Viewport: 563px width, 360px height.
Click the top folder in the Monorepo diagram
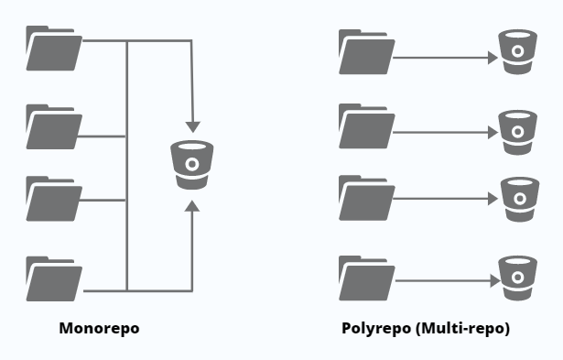click(54, 49)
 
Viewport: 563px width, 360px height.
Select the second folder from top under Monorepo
click(54, 127)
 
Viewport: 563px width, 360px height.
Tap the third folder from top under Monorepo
click(54, 199)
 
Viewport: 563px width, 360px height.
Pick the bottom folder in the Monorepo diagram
click(54, 279)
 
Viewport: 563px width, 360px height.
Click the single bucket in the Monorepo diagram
click(191, 165)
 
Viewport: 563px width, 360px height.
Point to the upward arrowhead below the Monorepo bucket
click(191, 209)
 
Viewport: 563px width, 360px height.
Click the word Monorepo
click(99, 328)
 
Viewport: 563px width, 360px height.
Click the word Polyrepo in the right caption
click(375, 328)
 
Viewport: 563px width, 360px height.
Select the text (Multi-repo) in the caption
click(461, 328)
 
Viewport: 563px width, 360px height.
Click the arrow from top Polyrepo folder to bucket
click(444, 60)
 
